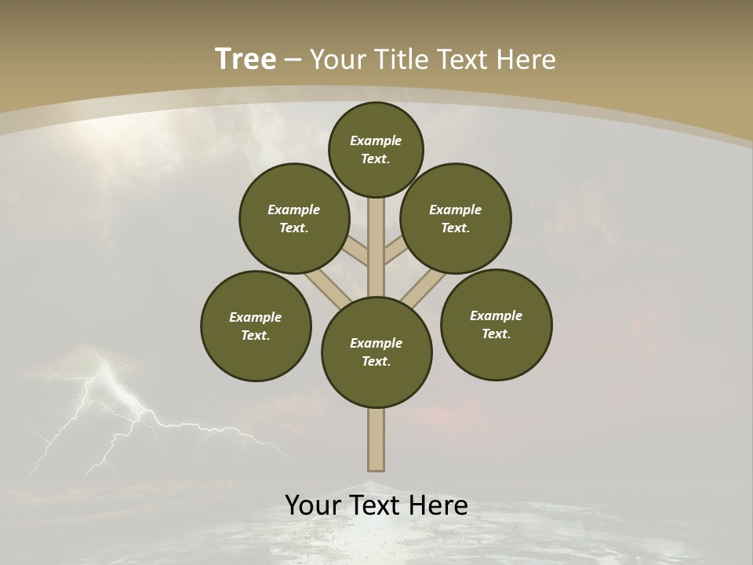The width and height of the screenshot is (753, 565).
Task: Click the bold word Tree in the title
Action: (246, 60)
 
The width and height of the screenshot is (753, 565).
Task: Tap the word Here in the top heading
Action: (527, 60)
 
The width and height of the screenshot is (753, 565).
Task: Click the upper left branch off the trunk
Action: (358, 250)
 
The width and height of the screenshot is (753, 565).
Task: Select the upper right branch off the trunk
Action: (395, 250)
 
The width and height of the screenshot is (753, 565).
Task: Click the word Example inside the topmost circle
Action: (376, 140)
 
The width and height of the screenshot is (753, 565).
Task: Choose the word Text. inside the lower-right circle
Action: (496, 334)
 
